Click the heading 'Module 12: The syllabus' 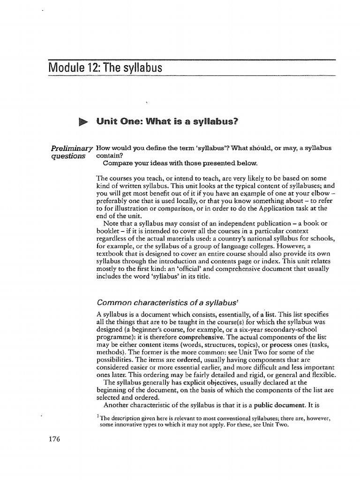pyautogui.click(x=105, y=68)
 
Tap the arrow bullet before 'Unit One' pyautogui.click(x=83, y=122)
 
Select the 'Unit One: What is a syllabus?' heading pyautogui.click(x=165, y=122)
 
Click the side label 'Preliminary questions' pyautogui.click(x=71, y=152)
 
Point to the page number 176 pyautogui.click(x=54, y=439)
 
